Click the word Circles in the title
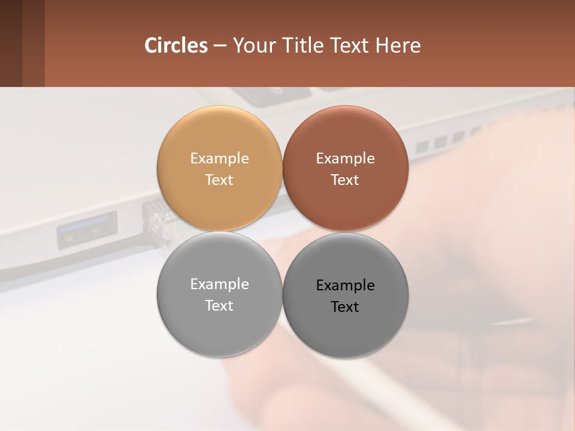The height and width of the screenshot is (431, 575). [x=176, y=45]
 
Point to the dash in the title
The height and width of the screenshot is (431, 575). [x=220, y=46]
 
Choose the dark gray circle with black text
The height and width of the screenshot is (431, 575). [x=345, y=329]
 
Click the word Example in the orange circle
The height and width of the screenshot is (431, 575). [x=219, y=158]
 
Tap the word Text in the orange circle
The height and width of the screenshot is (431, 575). [x=219, y=180]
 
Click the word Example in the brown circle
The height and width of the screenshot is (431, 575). [x=345, y=158]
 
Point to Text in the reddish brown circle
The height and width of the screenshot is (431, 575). [x=345, y=180]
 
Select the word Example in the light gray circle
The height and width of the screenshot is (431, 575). [x=219, y=284]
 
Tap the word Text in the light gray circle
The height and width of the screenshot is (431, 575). [x=219, y=305]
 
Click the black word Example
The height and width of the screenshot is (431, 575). [x=345, y=285]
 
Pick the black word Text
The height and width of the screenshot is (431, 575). [x=345, y=306]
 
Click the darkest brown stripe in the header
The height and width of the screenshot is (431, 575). [x=11, y=43]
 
